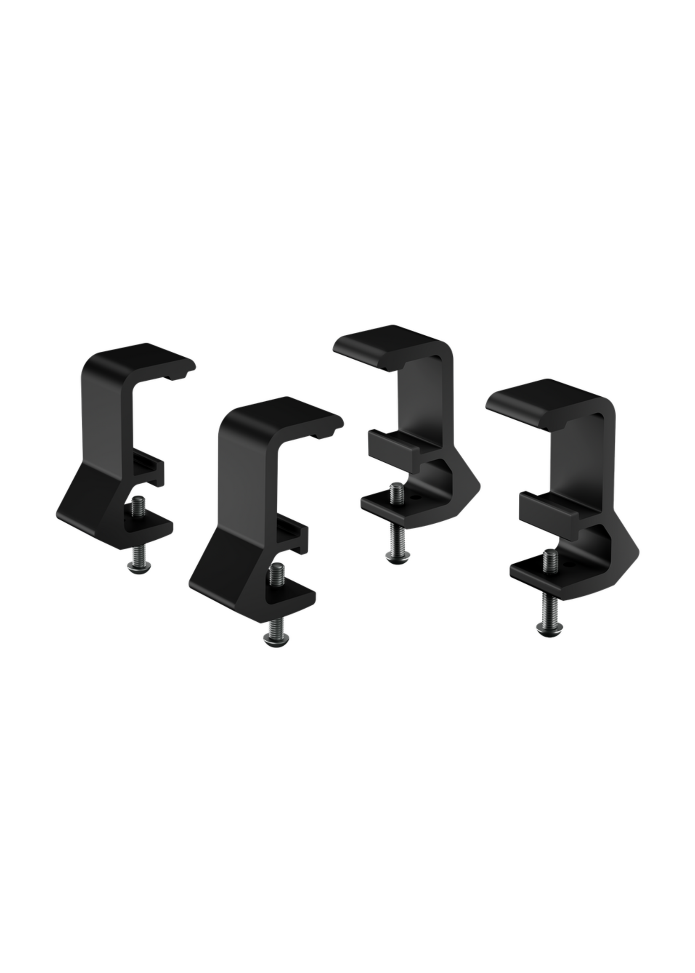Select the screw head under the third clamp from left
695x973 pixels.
pos(398,555)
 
